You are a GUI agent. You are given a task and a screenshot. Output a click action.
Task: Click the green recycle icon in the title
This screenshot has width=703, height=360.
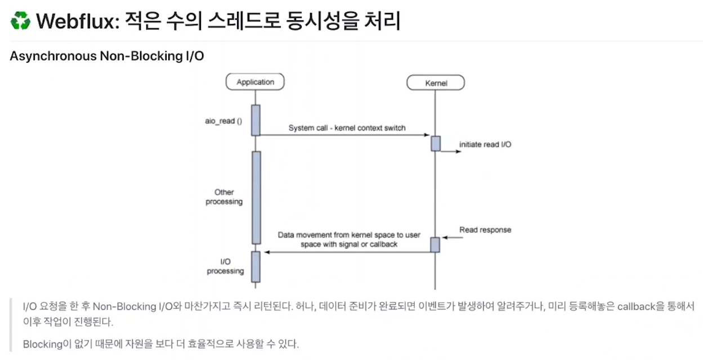coord(20,21)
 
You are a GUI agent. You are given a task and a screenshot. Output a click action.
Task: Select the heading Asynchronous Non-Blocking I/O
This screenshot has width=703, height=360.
coord(106,57)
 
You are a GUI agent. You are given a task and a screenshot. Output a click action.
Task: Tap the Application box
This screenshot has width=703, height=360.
coord(255,82)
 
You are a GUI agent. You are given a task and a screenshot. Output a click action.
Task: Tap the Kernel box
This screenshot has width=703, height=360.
coord(436,83)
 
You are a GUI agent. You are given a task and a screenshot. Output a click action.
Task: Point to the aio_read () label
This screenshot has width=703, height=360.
coord(223,121)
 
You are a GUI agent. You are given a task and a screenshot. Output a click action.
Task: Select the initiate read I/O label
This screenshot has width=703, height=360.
coord(485,145)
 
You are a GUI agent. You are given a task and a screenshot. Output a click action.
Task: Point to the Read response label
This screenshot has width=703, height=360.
coord(485,230)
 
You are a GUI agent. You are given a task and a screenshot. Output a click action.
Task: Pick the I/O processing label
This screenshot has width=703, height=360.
coord(226,267)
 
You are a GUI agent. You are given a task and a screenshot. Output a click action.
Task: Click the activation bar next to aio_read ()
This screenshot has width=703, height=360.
coord(256,120)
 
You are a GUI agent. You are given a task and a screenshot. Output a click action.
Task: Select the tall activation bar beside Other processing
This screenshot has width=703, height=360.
coord(256,197)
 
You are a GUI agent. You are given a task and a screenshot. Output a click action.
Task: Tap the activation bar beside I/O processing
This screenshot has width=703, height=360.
coord(256,267)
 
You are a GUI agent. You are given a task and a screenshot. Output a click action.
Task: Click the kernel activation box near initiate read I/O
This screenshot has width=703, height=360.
coord(436,143)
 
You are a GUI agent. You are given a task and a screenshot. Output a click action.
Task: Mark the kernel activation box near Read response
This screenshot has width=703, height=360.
coord(435,245)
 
